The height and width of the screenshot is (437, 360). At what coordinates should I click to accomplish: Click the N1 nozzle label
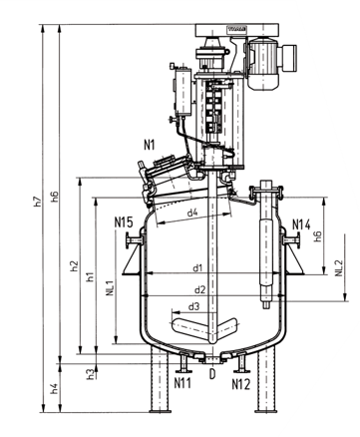point(150,145)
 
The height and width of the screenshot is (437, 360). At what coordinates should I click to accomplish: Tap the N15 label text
point(124,222)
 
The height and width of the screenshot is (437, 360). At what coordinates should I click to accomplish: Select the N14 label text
point(301,224)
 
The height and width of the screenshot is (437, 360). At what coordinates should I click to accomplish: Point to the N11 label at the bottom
point(182,383)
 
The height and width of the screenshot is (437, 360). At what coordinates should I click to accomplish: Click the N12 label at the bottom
point(241,384)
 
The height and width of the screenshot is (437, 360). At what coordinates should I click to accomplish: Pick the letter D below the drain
point(212,374)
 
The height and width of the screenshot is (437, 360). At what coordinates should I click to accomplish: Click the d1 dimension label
point(197,267)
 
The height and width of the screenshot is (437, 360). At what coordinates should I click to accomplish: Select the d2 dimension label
point(199,290)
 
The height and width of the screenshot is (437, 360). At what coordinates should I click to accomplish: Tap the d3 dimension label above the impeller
point(193,306)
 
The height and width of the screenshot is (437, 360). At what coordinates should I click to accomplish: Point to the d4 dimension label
point(192,213)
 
